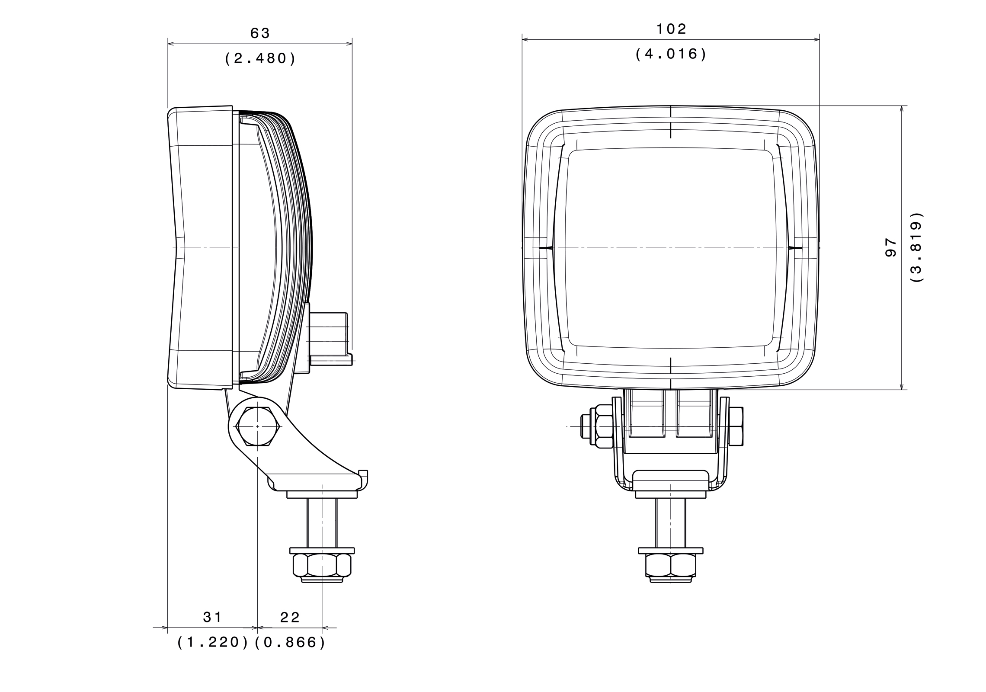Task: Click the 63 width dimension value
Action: pyautogui.click(x=260, y=33)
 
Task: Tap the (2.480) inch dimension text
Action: pyautogui.click(x=260, y=58)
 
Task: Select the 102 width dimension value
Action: pyautogui.click(x=671, y=29)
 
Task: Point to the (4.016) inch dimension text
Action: pyautogui.click(x=671, y=54)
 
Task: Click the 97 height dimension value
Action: pyautogui.click(x=891, y=247)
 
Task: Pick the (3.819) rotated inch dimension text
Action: pyautogui.click(x=916, y=247)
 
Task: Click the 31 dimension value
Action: pyautogui.click(x=212, y=618)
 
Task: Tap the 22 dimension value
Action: pyautogui.click(x=290, y=618)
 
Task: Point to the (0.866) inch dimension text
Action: pyautogui.click(x=290, y=643)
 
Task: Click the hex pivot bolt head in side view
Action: pyautogui.click(x=257, y=426)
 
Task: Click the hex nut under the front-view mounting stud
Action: pyautogui.click(x=670, y=565)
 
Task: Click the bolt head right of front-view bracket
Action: pyautogui.click(x=736, y=426)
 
